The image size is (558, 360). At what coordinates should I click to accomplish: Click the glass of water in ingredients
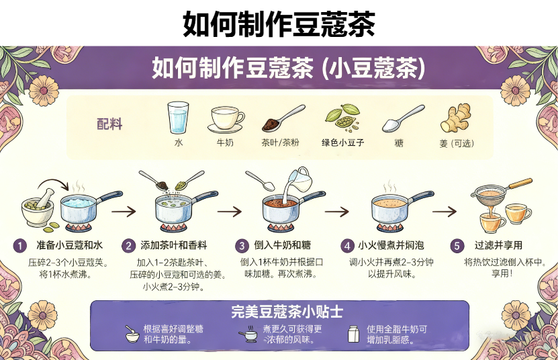(x=178, y=118)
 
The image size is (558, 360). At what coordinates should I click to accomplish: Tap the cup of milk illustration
(x=227, y=119)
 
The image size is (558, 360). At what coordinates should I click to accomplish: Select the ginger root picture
(x=455, y=118)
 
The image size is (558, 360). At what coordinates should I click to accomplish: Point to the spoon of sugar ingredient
(x=402, y=119)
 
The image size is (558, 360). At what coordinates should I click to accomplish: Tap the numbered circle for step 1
(x=21, y=245)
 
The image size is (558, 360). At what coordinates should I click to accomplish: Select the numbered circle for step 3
(x=242, y=245)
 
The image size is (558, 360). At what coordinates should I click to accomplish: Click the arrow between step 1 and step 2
(x=124, y=211)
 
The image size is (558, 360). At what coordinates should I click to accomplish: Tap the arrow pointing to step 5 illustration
(x=444, y=211)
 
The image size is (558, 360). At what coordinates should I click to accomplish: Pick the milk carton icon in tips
(x=353, y=334)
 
